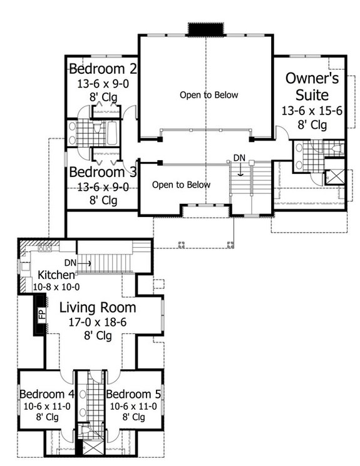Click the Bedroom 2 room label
[103, 68]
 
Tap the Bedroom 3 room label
[103, 172]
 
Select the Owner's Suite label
[312, 87]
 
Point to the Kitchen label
[57, 275]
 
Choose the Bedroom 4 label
[46, 394]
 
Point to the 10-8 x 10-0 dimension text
[57, 286]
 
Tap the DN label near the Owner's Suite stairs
[239, 157]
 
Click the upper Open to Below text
[209, 95]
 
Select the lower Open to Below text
[181, 185]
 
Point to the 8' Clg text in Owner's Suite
[312, 125]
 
